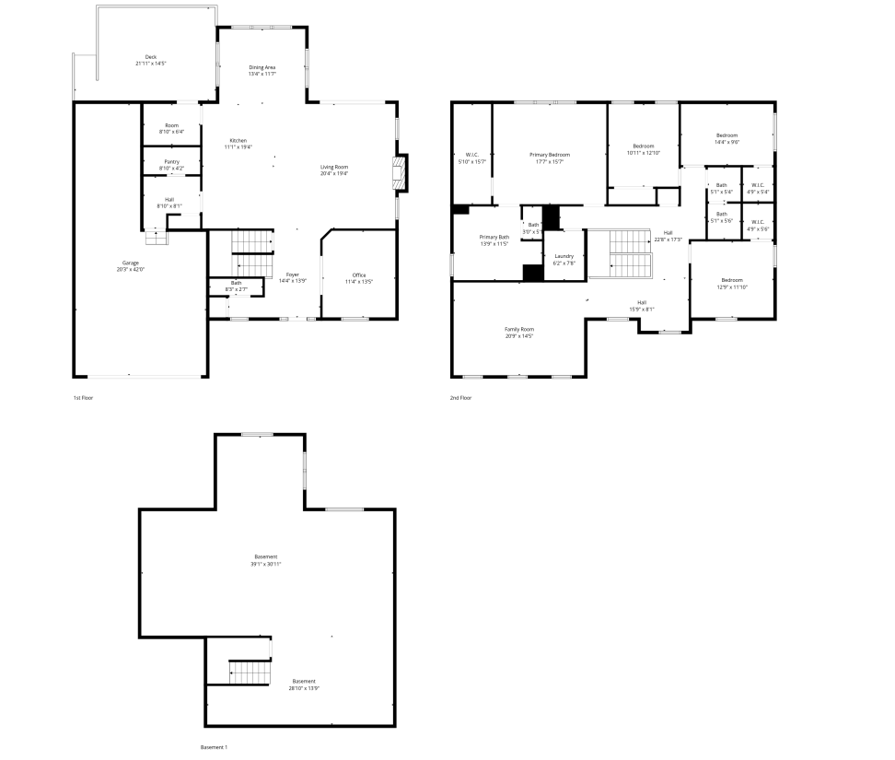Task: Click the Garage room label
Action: click(132, 263)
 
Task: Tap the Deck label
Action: click(150, 57)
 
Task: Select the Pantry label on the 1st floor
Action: click(171, 161)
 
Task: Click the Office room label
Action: click(359, 275)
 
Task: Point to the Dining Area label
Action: click(262, 67)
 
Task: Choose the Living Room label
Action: click(333, 166)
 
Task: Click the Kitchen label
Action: click(238, 140)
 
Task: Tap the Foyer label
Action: click(292, 275)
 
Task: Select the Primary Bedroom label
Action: click(549, 155)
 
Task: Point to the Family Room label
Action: click(519, 329)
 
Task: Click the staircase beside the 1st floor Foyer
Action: click(251, 242)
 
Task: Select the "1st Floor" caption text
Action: click(84, 398)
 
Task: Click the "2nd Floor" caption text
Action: click(460, 398)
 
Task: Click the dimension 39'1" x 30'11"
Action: click(266, 564)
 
